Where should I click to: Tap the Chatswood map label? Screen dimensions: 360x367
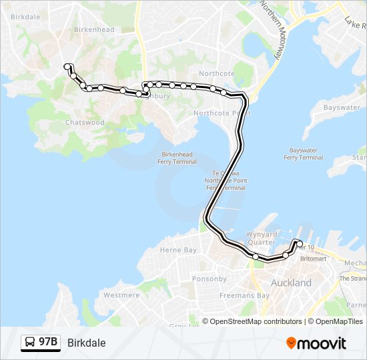click(85, 123)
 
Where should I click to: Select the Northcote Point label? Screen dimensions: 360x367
click(222, 113)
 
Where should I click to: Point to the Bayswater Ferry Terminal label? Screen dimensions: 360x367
click(303, 154)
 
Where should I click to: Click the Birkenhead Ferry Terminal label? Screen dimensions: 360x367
click(177, 158)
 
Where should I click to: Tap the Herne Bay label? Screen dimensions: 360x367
click(178, 250)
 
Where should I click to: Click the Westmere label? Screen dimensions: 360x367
click(121, 295)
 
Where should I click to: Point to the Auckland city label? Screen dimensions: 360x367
click(291, 283)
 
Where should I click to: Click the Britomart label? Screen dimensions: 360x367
click(313, 258)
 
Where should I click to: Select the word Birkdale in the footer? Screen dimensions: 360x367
click(86, 343)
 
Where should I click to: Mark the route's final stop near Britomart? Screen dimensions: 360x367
click(300, 243)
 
